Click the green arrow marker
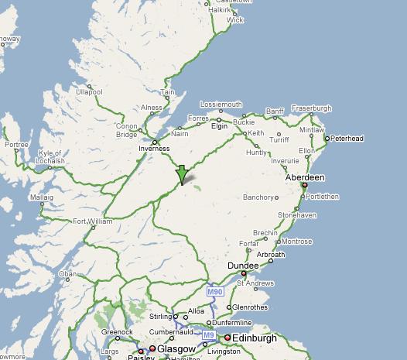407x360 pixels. [x=182, y=174]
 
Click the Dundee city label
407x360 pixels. [x=241, y=266]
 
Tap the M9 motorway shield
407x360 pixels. [x=208, y=335]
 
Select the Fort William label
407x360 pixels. [x=92, y=221]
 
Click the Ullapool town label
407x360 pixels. [x=89, y=91]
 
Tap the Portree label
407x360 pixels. [x=15, y=144]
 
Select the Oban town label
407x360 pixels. [x=69, y=273]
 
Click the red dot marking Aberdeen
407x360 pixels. [x=305, y=185]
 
